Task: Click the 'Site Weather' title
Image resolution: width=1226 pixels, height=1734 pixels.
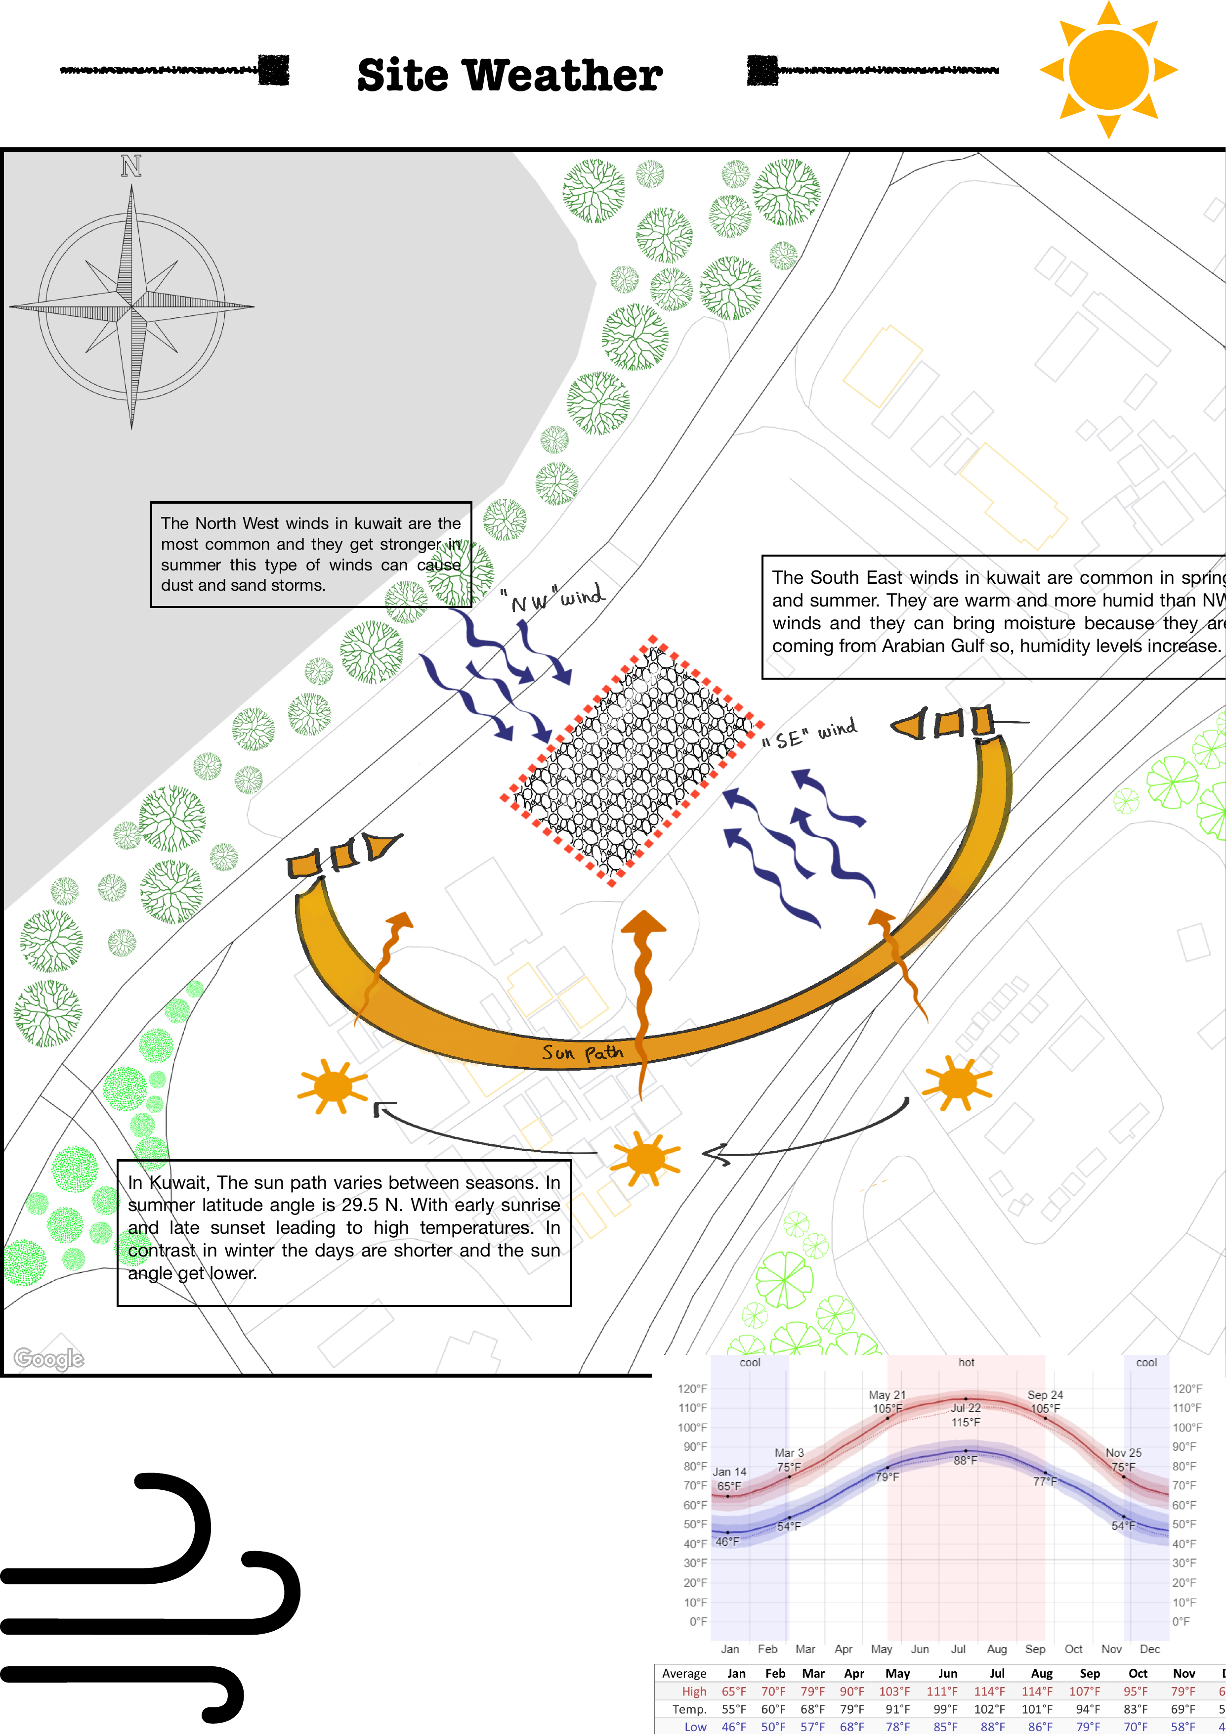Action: pos(509,76)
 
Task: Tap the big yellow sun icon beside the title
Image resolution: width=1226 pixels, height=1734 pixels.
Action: pos(1108,70)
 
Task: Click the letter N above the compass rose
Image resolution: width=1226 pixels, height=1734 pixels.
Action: pos(131,166)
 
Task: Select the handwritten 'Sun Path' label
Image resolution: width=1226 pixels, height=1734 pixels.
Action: pos(582,1052)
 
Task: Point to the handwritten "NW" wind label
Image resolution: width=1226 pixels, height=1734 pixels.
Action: pos(557,598)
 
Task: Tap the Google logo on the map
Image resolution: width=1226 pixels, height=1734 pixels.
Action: pos(49,1359)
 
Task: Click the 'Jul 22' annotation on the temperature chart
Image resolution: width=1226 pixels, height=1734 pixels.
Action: pos(966,1408)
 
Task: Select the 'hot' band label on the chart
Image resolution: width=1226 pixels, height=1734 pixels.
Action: pos(966,1362)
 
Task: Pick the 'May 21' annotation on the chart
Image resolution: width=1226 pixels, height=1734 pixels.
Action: pos(887,1395)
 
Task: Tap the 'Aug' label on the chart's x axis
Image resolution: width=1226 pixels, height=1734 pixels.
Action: pos(997,1648)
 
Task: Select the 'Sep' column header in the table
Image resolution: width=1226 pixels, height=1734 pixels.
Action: pos(1089,1674)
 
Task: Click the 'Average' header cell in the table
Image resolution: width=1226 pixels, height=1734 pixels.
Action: pos(684,1674)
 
